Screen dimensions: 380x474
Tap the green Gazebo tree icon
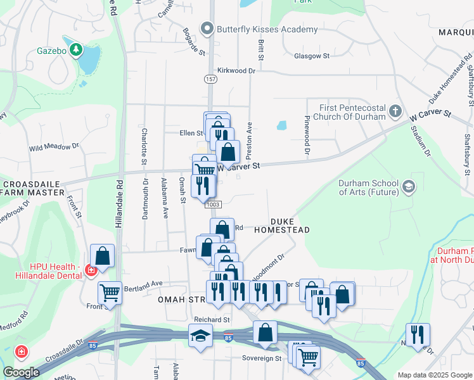tap(76, 49)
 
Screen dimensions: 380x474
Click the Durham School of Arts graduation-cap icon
tap(409, 186)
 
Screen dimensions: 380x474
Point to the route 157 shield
tap(210, 79)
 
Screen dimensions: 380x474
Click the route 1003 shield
tap(213, 203)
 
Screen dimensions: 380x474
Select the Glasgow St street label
tap(312, 56)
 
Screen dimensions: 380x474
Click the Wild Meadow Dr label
tap(53, 146)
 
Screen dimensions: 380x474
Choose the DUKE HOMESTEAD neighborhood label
tap(282, 226)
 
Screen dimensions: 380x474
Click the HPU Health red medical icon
tap(91, 270)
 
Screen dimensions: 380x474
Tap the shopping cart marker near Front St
tap(110, 293)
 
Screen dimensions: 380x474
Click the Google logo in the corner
tap(21, 372)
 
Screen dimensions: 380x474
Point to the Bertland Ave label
tap(144, 283)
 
